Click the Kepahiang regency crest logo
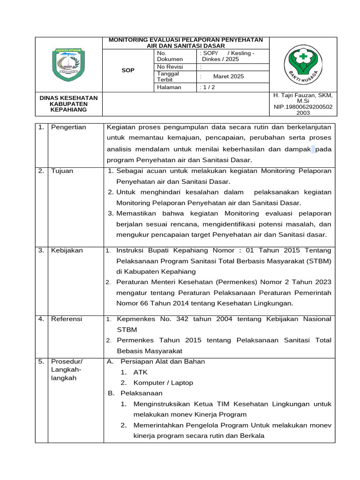pos(68,64)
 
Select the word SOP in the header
pos(127,70)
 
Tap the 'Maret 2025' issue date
pos(228,76)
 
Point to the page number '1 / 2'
pos(207,87)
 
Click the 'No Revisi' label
pos(171,67)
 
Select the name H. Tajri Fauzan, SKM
pos(302,95)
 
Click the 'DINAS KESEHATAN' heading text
pos(68,97)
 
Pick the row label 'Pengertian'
pos(68,127)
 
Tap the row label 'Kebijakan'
pos(67,250)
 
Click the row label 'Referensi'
pos(67,319)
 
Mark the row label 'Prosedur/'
pos(67,361)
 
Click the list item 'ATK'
pos(140,372)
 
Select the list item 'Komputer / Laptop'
pos(163,382)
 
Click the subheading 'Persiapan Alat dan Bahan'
pos(162,361)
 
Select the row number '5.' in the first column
pos(41,361)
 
